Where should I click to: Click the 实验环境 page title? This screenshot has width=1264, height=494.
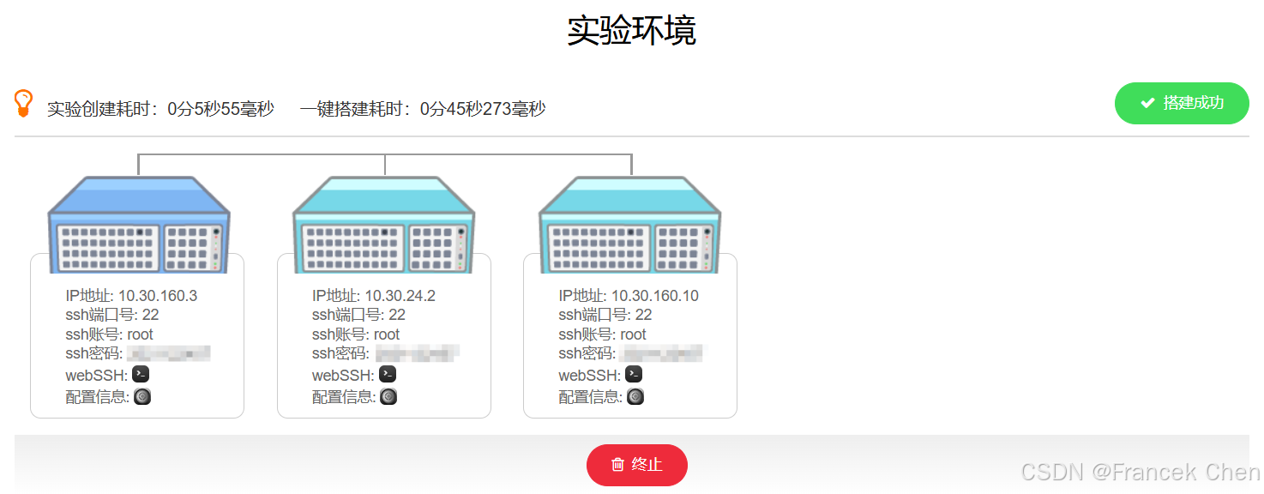click(631, 31)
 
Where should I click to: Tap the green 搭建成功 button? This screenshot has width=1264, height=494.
click(1181, 103)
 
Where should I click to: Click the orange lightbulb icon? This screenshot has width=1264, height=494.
click(24, 103)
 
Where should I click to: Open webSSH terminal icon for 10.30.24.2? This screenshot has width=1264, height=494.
click(388, 375)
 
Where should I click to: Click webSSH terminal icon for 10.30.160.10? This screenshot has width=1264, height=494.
click(634, 375)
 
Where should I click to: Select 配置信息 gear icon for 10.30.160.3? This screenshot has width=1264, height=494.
click(142, 396)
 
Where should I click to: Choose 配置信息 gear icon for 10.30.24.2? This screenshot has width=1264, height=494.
click(388, 396)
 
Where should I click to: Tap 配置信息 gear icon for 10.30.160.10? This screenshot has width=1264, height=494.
click(635, 396)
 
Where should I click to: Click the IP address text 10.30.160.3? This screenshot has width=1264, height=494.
click(158, 296)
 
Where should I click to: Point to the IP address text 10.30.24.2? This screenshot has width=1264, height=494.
click(400, 296)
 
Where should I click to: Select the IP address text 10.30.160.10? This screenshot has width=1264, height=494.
click(654, 296)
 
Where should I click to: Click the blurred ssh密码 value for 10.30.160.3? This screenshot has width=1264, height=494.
click(169, 353)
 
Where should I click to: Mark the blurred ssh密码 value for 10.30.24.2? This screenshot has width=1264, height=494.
click(416, 353)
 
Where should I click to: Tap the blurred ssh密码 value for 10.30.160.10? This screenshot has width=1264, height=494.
click(661, 353)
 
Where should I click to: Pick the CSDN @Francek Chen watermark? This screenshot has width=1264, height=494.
click(1141, 472)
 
